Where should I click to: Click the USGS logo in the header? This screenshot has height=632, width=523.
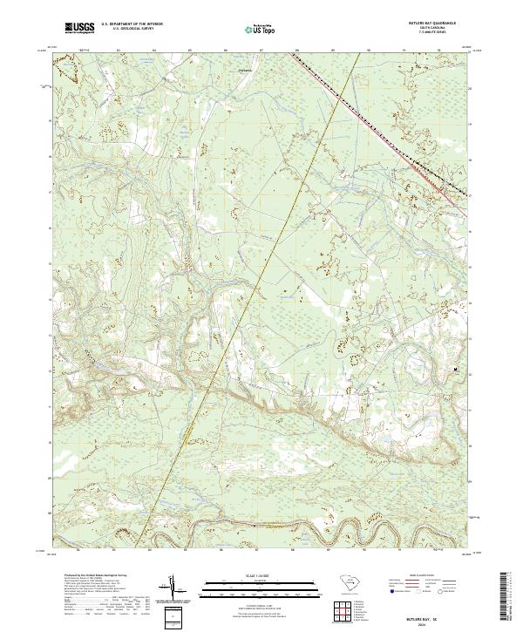[x=79, y=29]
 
